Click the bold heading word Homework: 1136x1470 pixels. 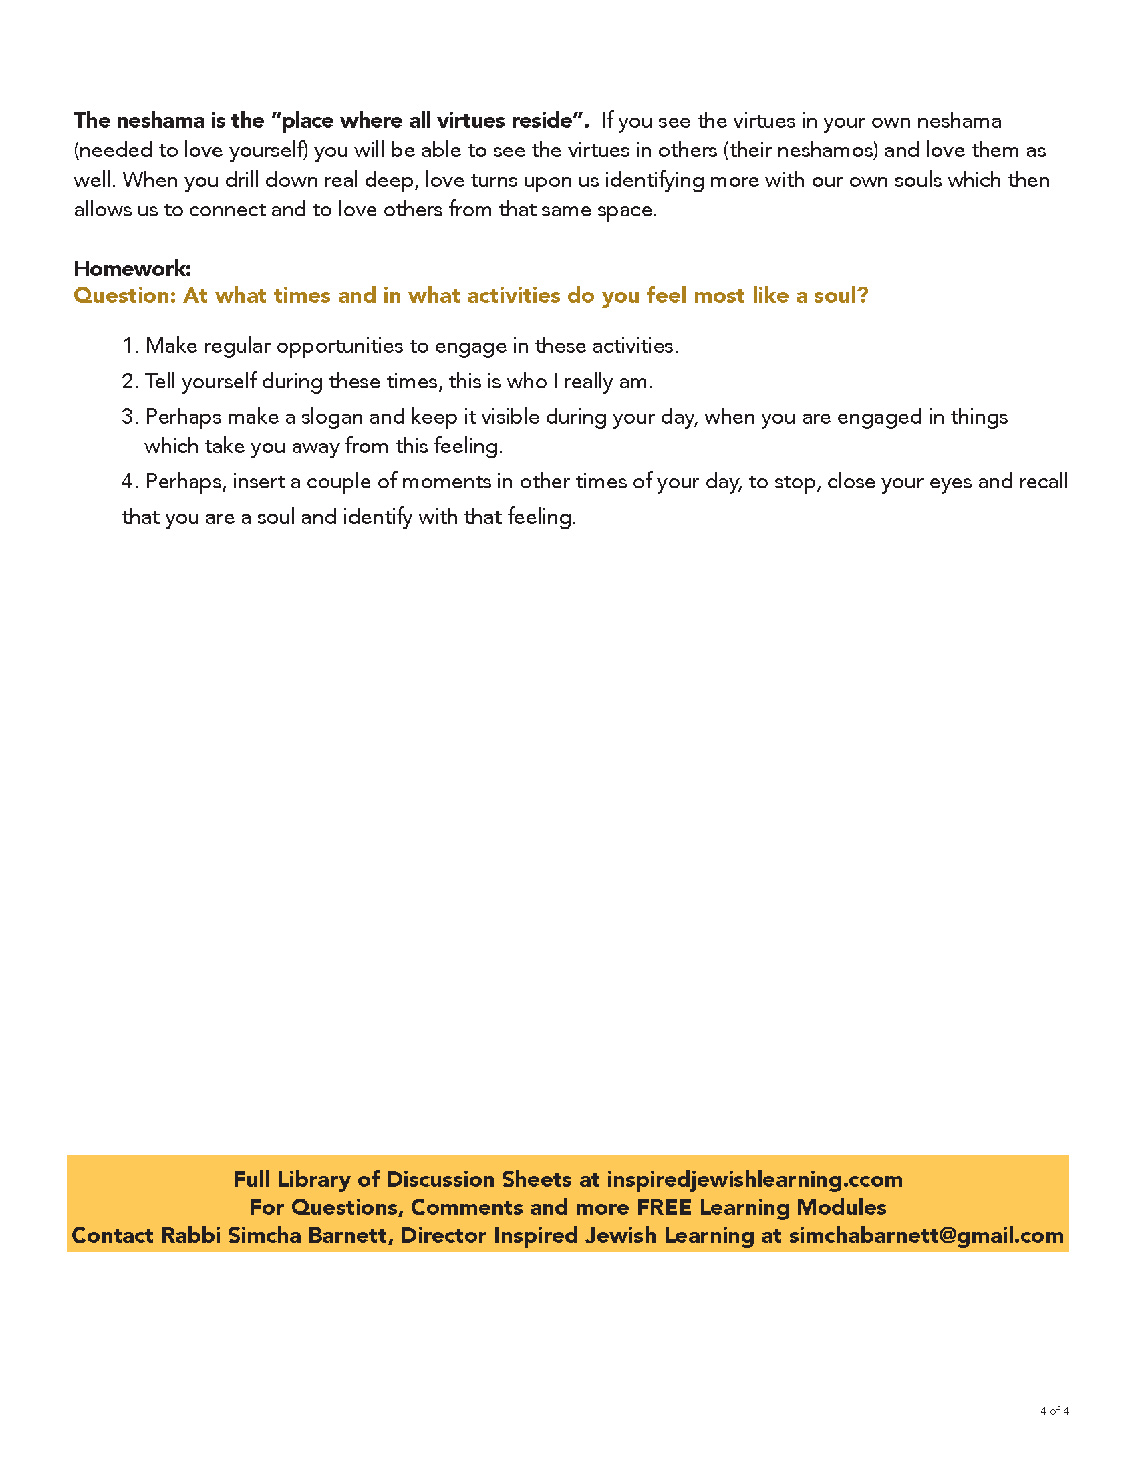(132, 269)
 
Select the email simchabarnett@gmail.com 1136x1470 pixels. (926, 1235)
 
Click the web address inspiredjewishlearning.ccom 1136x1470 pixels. (754, 1179)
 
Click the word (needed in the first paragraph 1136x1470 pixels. (113, 150)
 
